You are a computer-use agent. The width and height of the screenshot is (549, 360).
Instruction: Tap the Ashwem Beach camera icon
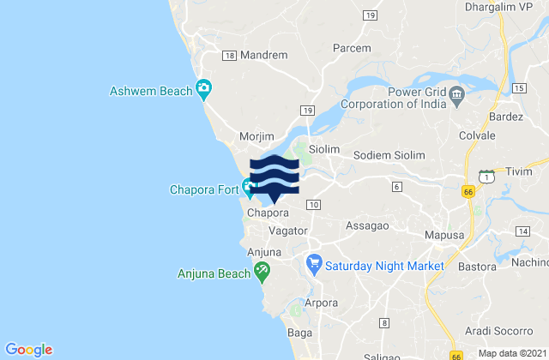(x=203, y=87)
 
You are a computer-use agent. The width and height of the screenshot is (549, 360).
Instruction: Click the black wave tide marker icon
(x=274, y=177)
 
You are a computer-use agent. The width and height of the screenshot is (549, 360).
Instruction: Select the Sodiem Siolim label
(x=390, y=155)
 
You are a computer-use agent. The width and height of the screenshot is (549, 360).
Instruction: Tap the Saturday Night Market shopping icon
(x=315, y=265)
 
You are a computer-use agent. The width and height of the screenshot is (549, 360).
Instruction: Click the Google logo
(x=30, y=348)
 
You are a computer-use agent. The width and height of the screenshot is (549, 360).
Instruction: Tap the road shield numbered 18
(x=229, y=55)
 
